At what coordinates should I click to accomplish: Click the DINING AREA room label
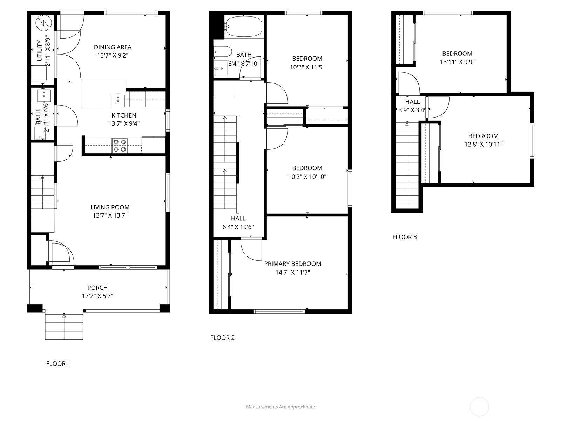coord(113,47)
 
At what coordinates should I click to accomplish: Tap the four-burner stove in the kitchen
coord(120,146)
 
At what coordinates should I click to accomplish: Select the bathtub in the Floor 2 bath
coord(244,26)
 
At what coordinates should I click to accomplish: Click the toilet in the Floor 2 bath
coord(222,52)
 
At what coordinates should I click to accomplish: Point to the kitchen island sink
coord(118,100)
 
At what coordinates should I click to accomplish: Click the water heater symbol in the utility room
coord(44,23)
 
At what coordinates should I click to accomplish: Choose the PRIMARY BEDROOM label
coord(292,264)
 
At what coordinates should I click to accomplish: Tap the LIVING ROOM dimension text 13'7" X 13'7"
coord(110,215)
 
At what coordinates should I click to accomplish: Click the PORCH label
coord(97,288)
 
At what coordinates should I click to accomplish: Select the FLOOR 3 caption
coord(404,237)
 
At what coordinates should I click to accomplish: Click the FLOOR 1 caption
coord(58,363)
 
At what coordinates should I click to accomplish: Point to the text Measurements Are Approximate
coord(280,407)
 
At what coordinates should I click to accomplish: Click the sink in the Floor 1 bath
coord(44,95)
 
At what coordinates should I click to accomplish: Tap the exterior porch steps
coord(64,326)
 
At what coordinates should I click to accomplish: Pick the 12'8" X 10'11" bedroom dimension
coord(483,144)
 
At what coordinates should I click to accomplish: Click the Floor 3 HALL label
coord(412,102)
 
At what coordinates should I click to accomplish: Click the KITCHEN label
coord(124,115)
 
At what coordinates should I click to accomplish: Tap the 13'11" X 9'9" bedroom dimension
coord(457,62)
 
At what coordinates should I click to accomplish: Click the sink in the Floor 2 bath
coord(221,68)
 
